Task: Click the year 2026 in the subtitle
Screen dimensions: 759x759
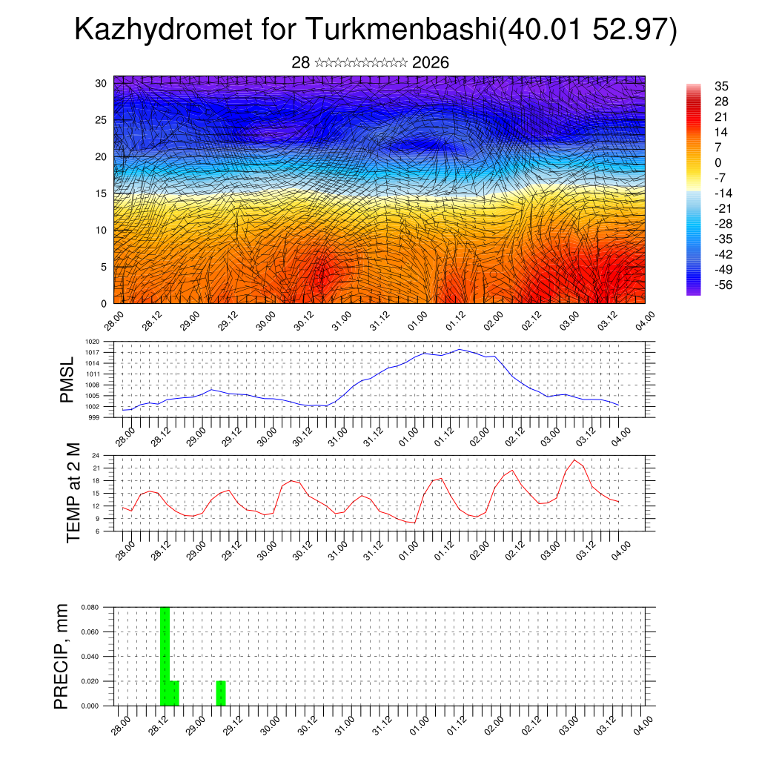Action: (x=431, y=63)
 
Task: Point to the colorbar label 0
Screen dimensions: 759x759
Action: (x=717, y=162)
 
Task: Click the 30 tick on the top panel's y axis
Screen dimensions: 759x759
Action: (x=102, y=83)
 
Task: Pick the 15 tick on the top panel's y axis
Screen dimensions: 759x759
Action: (x=102, y=193)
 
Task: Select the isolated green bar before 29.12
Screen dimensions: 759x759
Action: (x=221, y=693)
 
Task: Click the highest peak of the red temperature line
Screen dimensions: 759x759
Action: (x=574, y=460)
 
